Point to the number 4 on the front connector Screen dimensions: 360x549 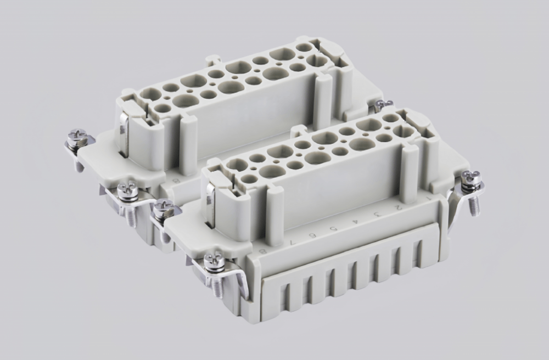[x=356, y=220]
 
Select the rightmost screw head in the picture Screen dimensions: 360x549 [x=470, y=178]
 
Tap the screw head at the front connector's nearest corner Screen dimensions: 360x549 [x=214, y=260]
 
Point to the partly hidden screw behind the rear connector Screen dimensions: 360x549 [x=384, y=104]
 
